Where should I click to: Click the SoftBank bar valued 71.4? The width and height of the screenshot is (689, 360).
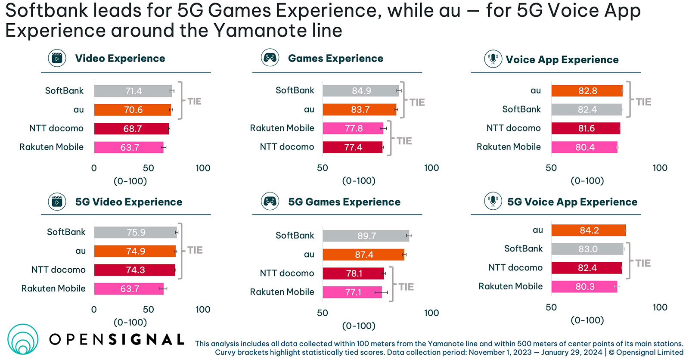pyautogui.click(x=133, y=91)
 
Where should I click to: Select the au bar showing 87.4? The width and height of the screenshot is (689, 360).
pyautogui.click(x=363, y=254)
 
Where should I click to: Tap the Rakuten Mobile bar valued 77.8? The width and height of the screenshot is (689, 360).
pyautogui.click(x=353, y=128)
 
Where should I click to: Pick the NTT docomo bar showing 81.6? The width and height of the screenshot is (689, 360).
pyautogui.click(x=586, y=128)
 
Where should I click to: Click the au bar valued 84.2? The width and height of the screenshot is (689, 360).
pyautogui.click(x=588, y=230)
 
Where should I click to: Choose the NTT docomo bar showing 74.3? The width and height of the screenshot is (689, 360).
pyautogui.click(x=134, y=270)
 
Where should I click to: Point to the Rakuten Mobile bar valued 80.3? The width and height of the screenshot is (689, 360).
pyautogui.click(x=584, y=287)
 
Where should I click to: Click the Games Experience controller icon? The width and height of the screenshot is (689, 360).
pyautogui.click(x=270, y=58)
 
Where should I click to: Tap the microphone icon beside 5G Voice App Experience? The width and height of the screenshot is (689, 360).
pyautogui.click(x=493, y=201)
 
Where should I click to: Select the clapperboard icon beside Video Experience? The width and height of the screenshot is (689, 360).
pyautogui.click(x=57, y=58)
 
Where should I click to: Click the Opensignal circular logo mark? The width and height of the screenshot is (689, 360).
pyautogui.click(x=23, y=339)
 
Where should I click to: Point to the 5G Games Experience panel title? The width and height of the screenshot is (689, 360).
pyautogui.click(x=344, y=202)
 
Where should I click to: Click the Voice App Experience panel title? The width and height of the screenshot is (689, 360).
pyautogui.click(x=562, y=59)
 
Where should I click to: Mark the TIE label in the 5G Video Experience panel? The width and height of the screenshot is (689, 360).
pyautogui.click(x=195, y=250)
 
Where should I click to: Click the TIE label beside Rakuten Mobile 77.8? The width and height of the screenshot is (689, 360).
pyautogui.click(x=404, y=141)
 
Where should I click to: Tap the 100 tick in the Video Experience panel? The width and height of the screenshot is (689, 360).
pyautogui.click(x=203, y=168)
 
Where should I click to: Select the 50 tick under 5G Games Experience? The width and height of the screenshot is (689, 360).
pyautogui.click(x=323, y=313)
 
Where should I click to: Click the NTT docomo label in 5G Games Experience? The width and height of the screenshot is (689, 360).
pyautogui.click(x=287, y=273)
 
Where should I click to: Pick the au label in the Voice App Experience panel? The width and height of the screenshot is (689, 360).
pyautogui.click(x=535, y=90)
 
